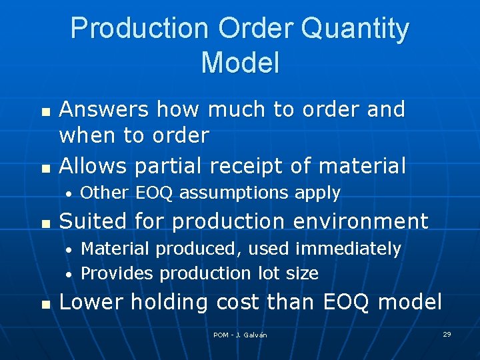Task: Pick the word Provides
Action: tap(117, 273)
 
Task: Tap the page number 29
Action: tap(447, 334)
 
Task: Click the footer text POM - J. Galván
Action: tap(240, 335)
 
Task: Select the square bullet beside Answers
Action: tap(45, 111)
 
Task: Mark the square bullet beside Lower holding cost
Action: tap(45, 304)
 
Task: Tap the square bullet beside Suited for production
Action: tap(45, 223)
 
